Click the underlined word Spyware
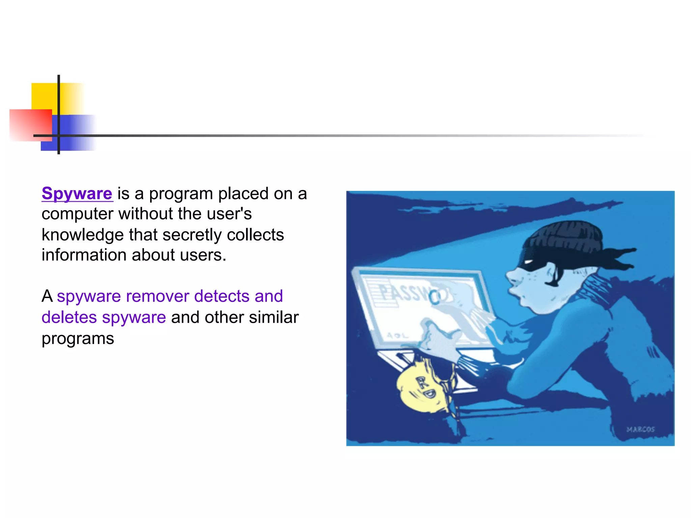[x=77, y=194]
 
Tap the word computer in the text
[x=77, y=214]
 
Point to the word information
[x=84, y=255]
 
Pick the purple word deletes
[x=69, y=318]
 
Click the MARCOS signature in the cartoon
[x=640, y=429]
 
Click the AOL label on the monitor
[x=397, y=336]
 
